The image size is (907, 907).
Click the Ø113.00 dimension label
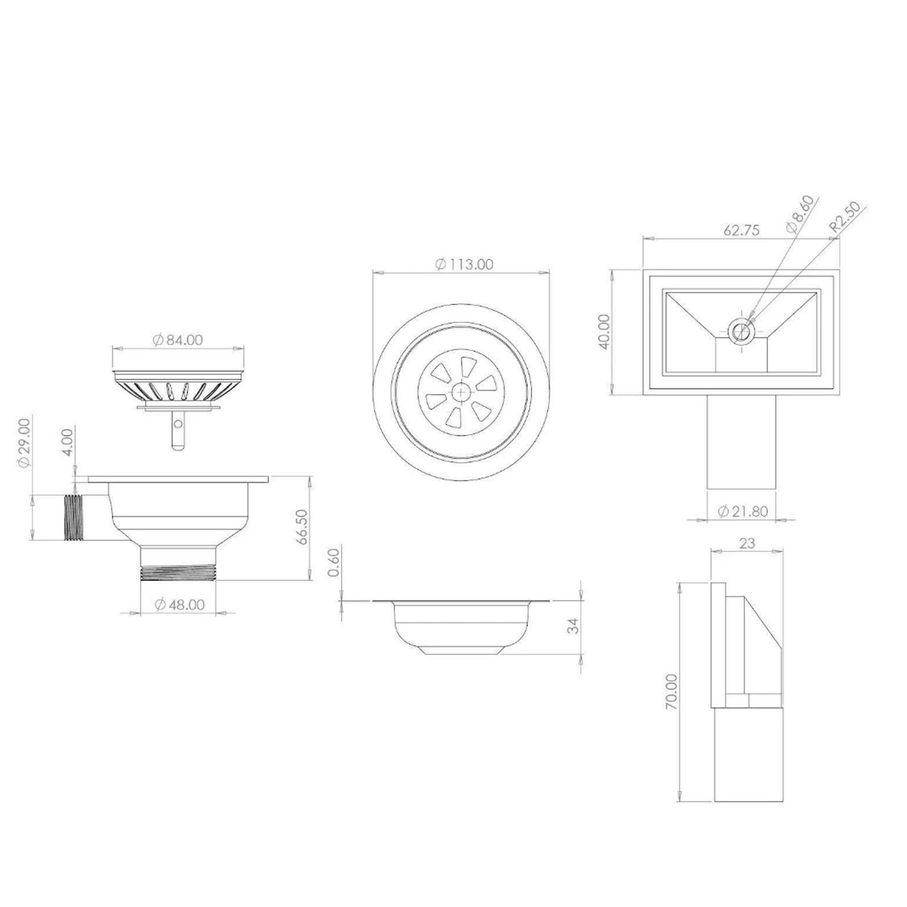pos(464,264)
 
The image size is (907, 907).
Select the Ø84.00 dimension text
pos(177,340)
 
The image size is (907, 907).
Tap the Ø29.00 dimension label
pos(23,443)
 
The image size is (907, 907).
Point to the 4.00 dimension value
pos(67,443)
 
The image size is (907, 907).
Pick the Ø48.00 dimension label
pos(180,605)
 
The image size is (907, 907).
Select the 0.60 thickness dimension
pos(334,562)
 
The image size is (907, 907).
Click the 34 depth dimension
pos(574,626)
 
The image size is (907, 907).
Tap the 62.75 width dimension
pos(741,230)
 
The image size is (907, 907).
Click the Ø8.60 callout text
pos(800,213)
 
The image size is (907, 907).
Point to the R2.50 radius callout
pos(845,218)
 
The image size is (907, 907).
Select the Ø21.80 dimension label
pos(743,511)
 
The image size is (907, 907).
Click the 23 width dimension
pos(747,543)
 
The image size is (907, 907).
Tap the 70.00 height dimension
pos(671,692)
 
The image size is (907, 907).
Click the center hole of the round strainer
pos(461,392)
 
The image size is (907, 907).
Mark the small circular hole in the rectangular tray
pos(740,330)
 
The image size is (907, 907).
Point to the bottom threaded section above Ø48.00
pos(178,571)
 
